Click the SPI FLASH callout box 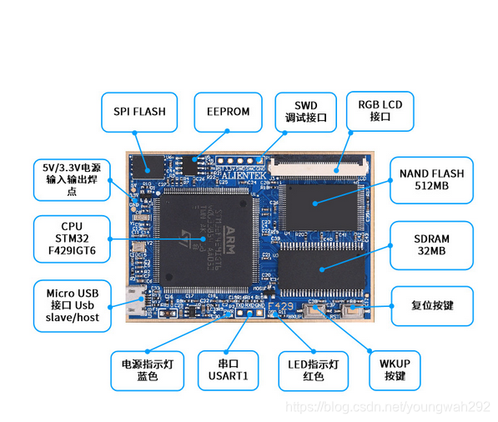pos(139,111)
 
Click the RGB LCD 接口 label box pos(380,111)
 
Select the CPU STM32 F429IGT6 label pos(72,239)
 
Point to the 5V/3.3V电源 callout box pos(72,179)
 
